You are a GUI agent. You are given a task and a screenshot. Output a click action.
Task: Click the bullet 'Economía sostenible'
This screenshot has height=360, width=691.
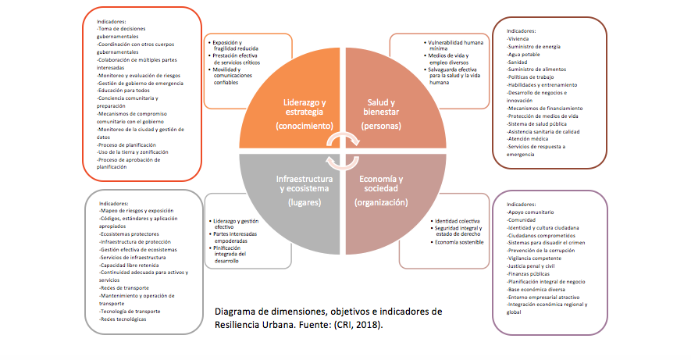click(460, 242)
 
